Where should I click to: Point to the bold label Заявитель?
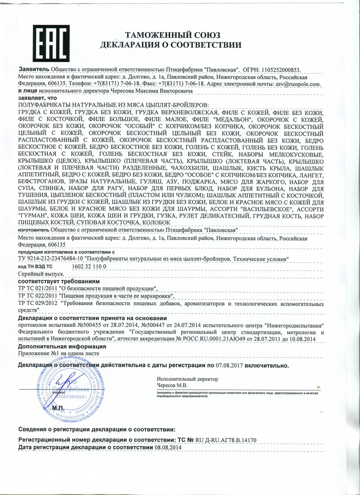point(34,70)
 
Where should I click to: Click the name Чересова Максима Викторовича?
point(152,91)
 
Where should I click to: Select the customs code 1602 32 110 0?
point(89,267)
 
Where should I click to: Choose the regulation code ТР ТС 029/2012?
point(37,304)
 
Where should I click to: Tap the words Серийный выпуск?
point(41,274)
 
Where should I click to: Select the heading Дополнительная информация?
point(62,346)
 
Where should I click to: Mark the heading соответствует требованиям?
point(59,281)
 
